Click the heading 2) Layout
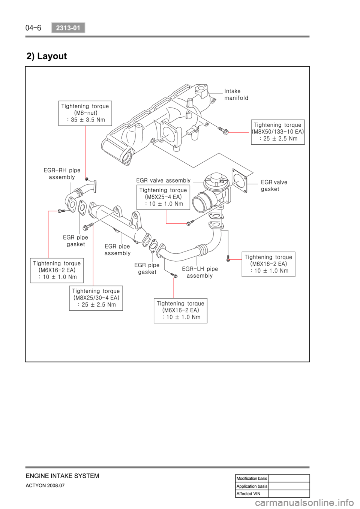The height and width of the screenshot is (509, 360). point(46,56)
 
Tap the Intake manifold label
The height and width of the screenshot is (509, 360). point(236,94)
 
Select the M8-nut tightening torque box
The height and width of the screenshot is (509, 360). point(85,113)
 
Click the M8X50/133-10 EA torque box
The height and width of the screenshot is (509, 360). point(278,132)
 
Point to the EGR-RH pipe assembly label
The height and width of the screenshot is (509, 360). point(62,174)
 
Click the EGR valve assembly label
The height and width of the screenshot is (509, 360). point(163,180)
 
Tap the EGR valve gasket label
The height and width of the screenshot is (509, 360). point(274,186)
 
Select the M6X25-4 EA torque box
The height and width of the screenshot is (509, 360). point(163,197)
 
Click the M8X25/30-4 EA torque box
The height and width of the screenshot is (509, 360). point(96,298)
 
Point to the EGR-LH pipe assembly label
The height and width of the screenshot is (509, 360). point(199,272)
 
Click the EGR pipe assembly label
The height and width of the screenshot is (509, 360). point(117,250)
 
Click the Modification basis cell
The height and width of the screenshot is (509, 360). point(252,478)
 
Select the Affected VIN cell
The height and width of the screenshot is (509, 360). point(252,493)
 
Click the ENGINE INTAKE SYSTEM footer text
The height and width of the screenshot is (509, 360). point(62,476)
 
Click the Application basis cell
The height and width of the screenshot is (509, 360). point(252,486)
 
